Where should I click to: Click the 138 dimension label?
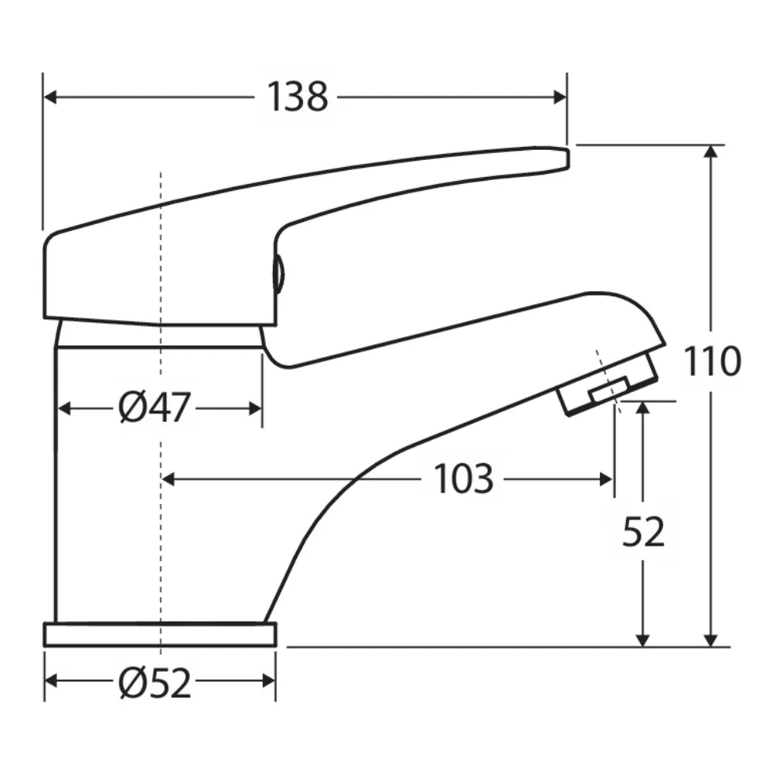(298, 97)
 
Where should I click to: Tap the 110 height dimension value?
(712, 361)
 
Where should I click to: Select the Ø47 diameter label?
(155, 408)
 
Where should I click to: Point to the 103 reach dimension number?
(463, 478)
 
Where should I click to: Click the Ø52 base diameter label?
(155, 683)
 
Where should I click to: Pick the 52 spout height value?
(643, 533)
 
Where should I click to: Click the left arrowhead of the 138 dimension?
(50, 97)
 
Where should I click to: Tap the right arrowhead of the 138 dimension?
(560, 97)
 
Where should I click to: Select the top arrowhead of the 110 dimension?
(710, 152)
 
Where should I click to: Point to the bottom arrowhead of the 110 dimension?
(710, 639)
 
